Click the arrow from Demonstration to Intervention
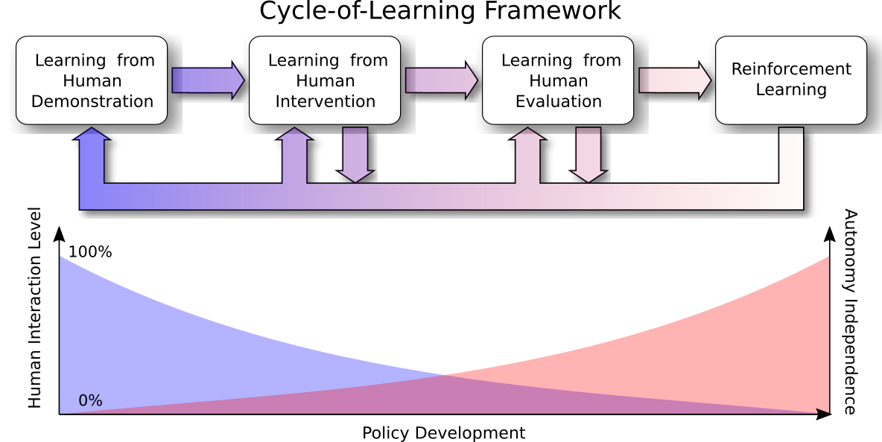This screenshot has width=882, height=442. [208, 80]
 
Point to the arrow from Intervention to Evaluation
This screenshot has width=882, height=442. [441, 80]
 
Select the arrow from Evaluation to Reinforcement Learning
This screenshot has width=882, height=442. [674, 80]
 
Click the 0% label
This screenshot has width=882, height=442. [90, 401]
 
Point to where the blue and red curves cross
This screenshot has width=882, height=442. [445, 375]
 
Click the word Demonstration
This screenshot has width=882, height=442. [92, 101]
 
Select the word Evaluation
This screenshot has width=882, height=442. [559, 101]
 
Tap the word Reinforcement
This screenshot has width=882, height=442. [791, 69]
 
